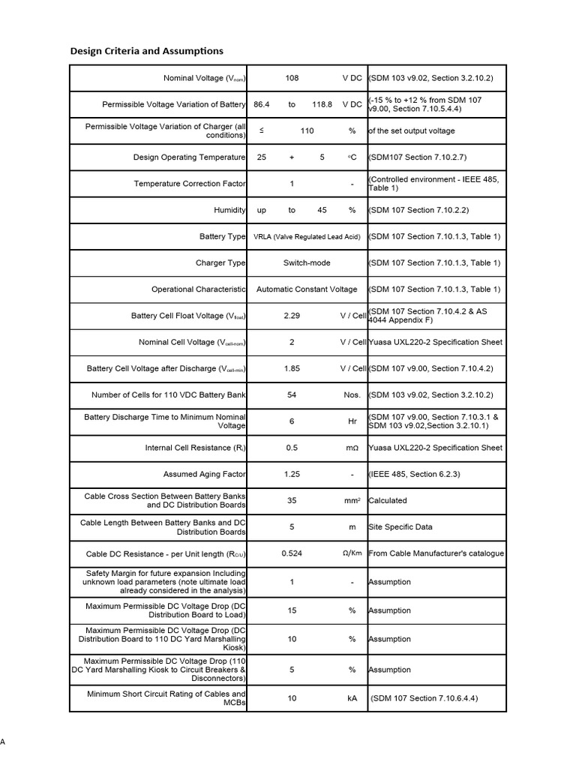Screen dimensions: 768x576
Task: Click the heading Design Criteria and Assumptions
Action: pos(146,51)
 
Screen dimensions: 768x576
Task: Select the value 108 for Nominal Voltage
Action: pos(292,78)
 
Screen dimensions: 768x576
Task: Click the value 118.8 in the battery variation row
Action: pos(322,104)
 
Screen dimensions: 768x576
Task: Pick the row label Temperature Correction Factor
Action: pos(189,184)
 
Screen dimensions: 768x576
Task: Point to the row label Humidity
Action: pos(229,210)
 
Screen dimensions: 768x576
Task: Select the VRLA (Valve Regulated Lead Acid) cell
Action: pos(307,236)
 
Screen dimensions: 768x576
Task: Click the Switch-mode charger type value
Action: pos(307,262)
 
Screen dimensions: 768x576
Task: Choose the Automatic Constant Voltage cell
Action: pos(307,289)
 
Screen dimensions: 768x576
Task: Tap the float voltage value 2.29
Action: pos(292,316)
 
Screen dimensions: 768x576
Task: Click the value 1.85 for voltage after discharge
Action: pos(292,368)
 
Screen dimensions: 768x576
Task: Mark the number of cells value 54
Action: pos(292,394)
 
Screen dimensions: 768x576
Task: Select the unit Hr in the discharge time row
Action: pos(352,421)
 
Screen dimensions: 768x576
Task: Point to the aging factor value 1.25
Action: pos(292,474)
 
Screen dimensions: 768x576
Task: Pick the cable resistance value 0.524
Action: pos(292,553)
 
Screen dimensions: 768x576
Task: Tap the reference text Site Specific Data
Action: pos(397,527)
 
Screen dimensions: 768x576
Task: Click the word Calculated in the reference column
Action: pos(388,500)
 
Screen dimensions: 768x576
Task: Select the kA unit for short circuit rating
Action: pos(352,698)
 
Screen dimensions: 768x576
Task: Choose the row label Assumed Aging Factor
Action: pos(204,474)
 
